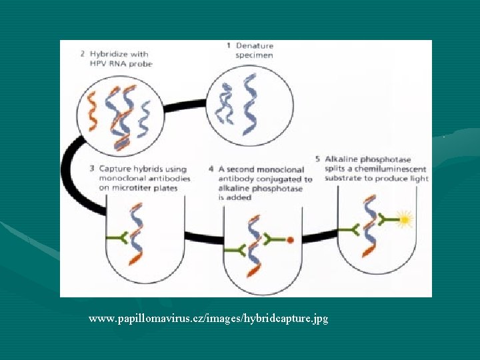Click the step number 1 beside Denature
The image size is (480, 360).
[x=229, y=46]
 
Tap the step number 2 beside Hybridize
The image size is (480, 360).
[x=83, y=54]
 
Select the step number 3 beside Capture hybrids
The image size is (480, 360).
[x=83, y=169]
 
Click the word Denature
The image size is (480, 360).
[x=254, y=46]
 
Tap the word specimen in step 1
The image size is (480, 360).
[x=254, y=55]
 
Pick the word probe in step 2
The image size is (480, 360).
[x=140, y=64]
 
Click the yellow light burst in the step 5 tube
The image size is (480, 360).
[x=404, y=219]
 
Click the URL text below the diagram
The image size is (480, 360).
[x=208, y=319]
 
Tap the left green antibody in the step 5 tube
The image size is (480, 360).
[x=349, y=229]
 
